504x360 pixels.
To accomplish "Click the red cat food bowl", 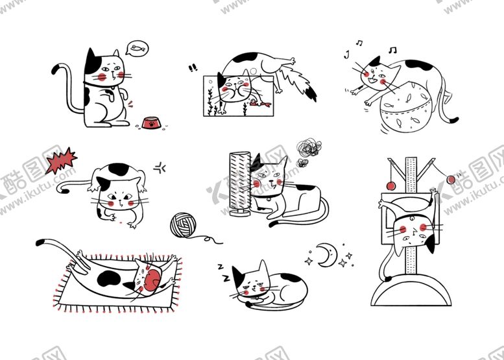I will (x=151, y=122).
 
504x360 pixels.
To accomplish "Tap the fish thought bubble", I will (x=137, y=47).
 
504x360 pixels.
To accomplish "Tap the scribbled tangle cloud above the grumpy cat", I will (x=305, y=151).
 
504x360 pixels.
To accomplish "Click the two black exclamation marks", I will (x=193, y=67).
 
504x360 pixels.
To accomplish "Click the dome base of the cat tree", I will (x=410, y=292).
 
